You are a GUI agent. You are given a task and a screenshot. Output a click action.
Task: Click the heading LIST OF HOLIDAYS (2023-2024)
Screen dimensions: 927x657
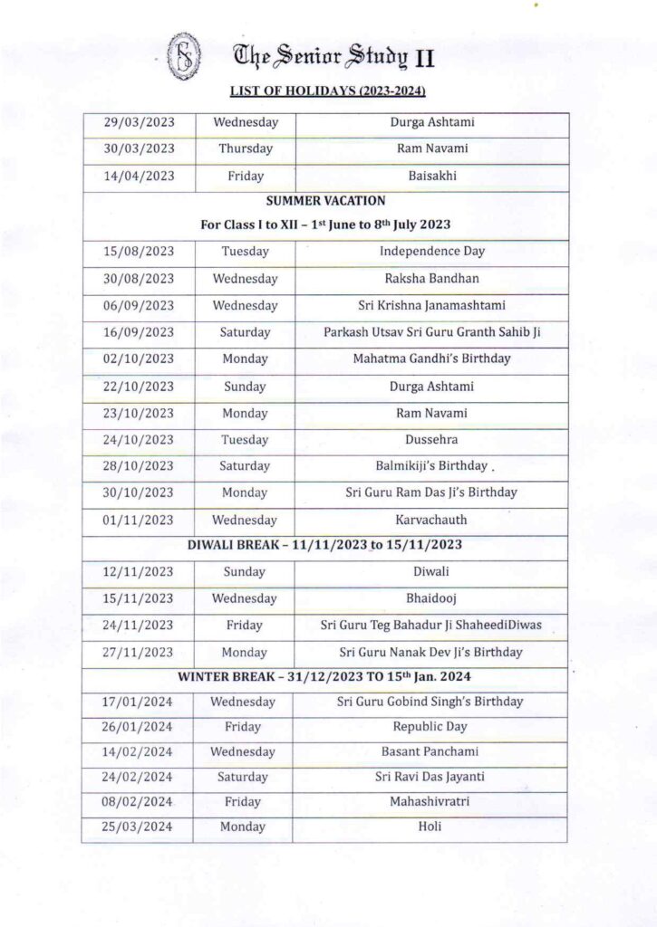[328, 92]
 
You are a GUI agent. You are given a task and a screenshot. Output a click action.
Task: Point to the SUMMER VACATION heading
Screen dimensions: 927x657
[325, 200]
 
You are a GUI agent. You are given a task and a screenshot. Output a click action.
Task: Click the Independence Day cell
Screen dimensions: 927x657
[431, 251]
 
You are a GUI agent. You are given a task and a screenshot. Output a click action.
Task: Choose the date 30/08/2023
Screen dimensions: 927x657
[139, 279]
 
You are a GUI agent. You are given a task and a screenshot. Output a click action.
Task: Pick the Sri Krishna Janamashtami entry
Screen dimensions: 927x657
[431, 305]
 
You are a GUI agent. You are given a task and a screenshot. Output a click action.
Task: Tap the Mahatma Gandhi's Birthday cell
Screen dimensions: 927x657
[431, 358]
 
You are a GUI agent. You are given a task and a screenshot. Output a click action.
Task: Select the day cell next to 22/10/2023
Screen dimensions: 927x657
[245, 387]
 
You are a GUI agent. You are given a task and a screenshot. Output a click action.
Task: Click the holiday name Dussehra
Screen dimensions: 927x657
[431, 440]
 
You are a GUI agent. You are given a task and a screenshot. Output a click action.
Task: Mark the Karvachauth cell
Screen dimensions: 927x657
[431, 520]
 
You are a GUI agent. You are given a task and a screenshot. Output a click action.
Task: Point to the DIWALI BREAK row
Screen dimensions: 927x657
[325, 546]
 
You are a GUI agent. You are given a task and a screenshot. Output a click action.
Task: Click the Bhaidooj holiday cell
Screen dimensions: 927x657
[431, 598]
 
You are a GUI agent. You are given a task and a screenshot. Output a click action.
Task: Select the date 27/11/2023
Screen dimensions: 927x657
[139, 652]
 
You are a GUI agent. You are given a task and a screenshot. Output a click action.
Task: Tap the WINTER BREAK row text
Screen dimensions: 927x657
[325, 677]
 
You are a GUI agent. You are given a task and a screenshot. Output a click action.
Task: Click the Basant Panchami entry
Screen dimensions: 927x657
[430, 751]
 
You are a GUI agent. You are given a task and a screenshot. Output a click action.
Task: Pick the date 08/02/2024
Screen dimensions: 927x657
[138, 801]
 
